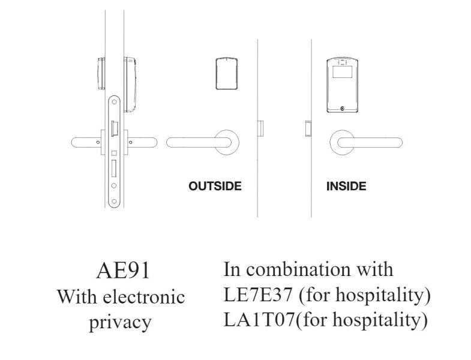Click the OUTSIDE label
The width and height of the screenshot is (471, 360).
(215, 186)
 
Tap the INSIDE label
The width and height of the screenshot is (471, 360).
(346, 186)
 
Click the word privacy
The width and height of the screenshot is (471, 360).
(120, 322)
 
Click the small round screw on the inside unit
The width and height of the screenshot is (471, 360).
(342, 109)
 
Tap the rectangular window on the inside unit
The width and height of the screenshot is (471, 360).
(342, 74)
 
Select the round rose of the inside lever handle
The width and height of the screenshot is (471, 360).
(342, 142)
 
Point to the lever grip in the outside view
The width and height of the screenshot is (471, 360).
(195, 142)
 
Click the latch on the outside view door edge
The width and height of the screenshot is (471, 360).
(260, 128)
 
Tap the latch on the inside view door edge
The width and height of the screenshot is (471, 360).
(308, 128)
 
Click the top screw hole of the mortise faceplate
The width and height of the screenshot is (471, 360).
(113, 103)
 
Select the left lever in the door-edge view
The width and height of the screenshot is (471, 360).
(86, 142)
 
